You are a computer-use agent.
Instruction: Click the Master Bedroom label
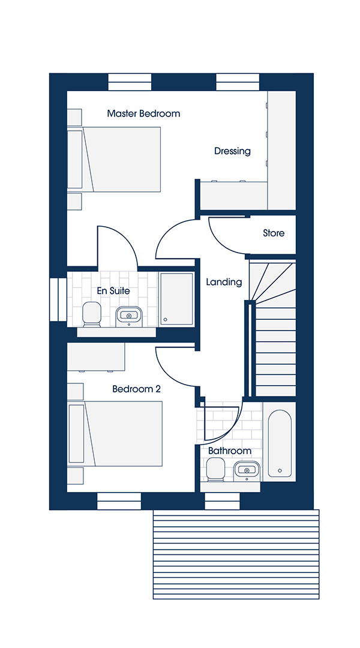click(x=143, y=113)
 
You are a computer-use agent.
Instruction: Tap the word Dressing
click(x=232, y=151)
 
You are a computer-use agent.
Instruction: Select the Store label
click(x=274, y=233)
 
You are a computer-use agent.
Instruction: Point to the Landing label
click(x=224, y=282)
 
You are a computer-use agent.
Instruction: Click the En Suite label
click(x=113, y=291)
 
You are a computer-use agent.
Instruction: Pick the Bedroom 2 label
click(x=136, y=389)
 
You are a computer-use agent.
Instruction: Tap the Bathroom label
click(x=229, y=451)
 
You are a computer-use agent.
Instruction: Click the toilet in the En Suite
click(x=92, y=314)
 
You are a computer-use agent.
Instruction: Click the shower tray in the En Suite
click(x=176, y=299)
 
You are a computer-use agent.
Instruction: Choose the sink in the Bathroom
click(x=247, y=470)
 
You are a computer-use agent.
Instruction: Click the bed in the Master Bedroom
click(x=114, y=160)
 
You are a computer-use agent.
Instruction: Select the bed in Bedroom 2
click(x=115, y=434)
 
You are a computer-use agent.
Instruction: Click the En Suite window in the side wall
click(x=58, y=299)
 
